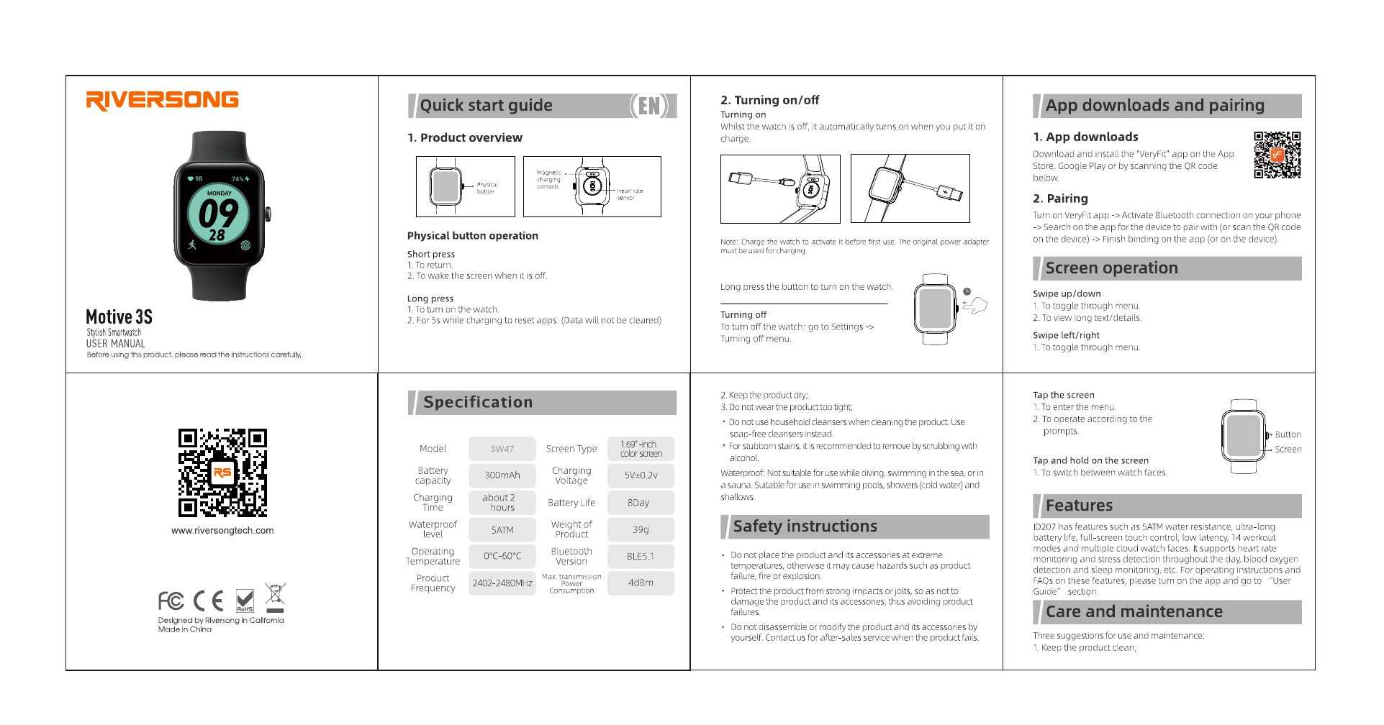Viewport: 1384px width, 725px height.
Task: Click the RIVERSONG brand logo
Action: (162, 100)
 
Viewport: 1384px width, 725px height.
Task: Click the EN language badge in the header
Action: (649, 106)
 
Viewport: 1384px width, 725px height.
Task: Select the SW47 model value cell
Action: (502, 449)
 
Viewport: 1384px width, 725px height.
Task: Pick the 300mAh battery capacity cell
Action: (502, 475)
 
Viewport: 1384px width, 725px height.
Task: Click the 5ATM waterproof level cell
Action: (502, 530)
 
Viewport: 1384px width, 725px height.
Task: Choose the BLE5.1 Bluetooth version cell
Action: (641, 557)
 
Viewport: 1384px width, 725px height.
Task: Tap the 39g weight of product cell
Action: (641, 530)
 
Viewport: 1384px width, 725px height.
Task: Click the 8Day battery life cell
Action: (638, 503)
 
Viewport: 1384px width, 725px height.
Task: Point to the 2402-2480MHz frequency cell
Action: (502, 583)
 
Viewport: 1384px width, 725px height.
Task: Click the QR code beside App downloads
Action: (1277, 155)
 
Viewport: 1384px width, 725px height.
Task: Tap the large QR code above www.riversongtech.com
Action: (222, 473)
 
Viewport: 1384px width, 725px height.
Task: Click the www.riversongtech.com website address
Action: (222, 531)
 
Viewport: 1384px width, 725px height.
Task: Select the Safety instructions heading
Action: (805, 526)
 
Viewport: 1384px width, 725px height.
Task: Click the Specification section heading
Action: (478, 403)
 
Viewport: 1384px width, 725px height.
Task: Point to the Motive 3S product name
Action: (119, 317)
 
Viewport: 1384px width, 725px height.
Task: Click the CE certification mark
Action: (209, 601)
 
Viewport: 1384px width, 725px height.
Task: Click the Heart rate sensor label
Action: (629, 194)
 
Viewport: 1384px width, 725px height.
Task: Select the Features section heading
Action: (1079, 506)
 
